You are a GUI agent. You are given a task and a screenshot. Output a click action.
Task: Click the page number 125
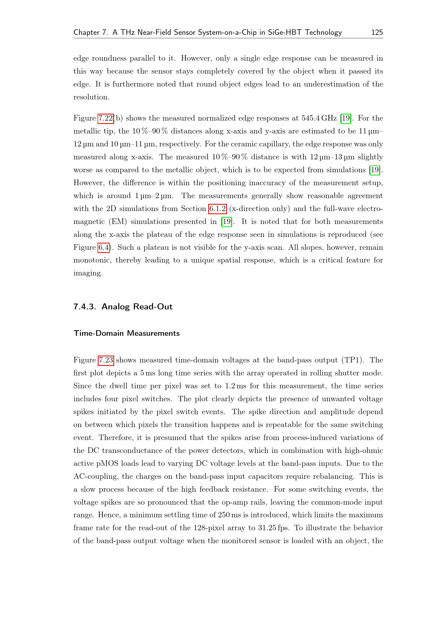tap(377, 32)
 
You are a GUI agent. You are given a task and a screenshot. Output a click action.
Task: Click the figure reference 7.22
tap(105, 118)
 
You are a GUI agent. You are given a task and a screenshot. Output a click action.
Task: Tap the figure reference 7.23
tap(106, 360)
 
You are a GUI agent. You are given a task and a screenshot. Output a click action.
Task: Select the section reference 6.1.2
tap(217, 209)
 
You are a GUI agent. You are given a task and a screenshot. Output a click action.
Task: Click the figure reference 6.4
tap(104, 247)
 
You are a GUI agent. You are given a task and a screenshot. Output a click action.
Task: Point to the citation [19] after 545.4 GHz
tap(346, 118)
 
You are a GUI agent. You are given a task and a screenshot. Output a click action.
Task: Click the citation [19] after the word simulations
tap(375, 170)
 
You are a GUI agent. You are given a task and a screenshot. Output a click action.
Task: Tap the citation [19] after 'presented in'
tap(227, 222)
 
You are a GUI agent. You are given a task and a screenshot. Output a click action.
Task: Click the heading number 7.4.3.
tap(85, 307)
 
